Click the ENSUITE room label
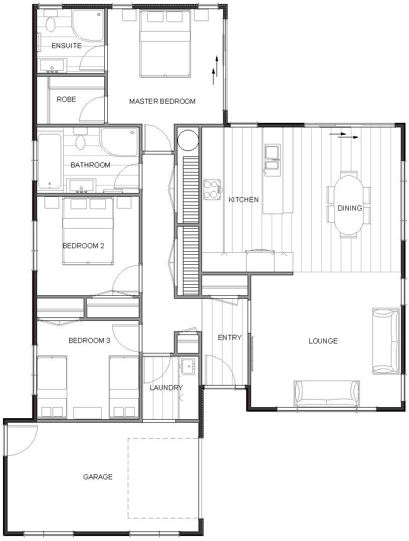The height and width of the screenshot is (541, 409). pos(67,46)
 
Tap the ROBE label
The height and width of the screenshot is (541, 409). pos(66,99)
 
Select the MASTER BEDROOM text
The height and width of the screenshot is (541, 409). pos(162,101)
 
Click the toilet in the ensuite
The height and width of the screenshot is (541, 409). pos(51,23)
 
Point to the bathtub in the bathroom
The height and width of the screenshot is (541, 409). pos(50,161)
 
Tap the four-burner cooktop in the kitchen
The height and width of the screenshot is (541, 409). pos(212,190)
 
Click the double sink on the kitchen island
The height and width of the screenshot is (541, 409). pos(273,157)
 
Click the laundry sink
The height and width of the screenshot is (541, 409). pos(188,366)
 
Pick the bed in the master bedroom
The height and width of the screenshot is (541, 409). pos(165,44)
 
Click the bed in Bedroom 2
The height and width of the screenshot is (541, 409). pos(88,231)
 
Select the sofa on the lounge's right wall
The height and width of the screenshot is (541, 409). pos(385,341)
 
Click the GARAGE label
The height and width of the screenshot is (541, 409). pos(98,476)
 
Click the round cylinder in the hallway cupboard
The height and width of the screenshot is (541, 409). pos(188,140)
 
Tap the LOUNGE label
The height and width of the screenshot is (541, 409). pos(323,341)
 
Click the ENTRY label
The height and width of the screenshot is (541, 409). pos(230,337)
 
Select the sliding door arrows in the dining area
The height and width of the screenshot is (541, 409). pos(344,135)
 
